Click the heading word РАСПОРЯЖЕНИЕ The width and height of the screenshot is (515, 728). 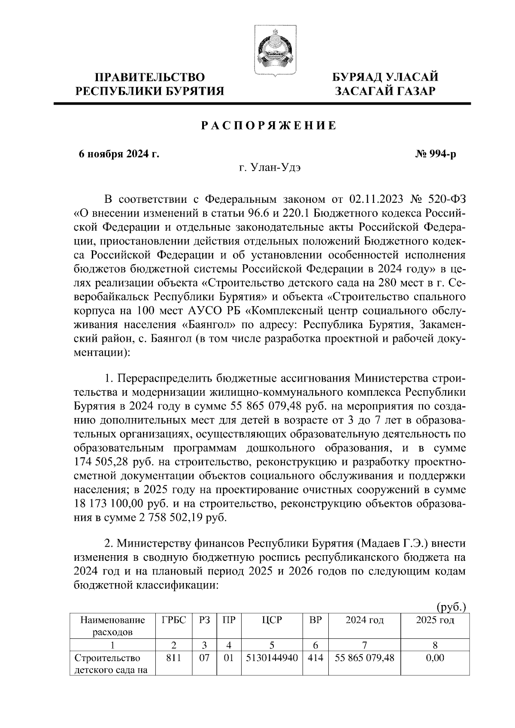click(269, 126)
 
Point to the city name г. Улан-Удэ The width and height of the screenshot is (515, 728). click(270, 168)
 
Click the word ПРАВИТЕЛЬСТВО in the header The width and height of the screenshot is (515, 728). click(150, 78)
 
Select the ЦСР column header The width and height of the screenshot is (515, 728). click(273, 620)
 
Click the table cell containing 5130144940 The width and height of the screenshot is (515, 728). click(273, 658)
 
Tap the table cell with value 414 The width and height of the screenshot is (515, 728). click(315, 658)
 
